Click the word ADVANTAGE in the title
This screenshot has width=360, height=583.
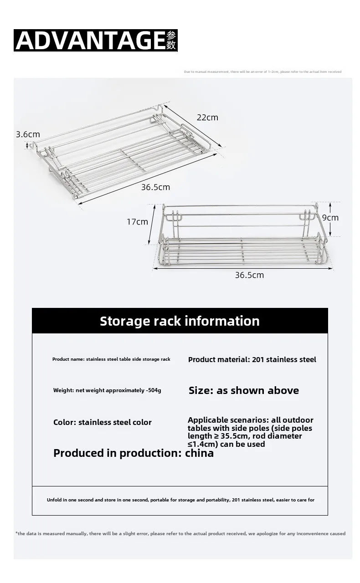click(x=90, y=41)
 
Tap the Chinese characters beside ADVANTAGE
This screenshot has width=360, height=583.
click(x=171, y=41)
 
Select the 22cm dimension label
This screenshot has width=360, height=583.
click(x=207, y=118)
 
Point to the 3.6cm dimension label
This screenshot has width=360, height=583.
click(x=28, y=134)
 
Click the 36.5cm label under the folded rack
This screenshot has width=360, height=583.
click(x=155, y=187)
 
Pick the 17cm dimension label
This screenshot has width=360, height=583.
click(x=137, y=222)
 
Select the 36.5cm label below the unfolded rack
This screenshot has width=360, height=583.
click(x=249, y=275)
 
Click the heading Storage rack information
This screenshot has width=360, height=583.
click(x=180, y=321)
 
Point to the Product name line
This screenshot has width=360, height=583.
click(x=111, y=359)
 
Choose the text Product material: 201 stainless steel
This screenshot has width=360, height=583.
click(x=252, y=359)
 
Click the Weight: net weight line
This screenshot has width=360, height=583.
click(x=107, y=390)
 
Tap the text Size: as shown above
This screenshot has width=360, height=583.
click(x=244, y=390)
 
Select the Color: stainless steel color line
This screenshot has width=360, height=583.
click(x=103, y=422)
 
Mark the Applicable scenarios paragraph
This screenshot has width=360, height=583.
click(x=251, y=432)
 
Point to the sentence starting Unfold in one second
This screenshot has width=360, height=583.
click(x=180, y=500)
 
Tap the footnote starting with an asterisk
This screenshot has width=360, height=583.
click(x=180, y=533)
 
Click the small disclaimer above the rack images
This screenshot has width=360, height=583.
click(x=262, y=72)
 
